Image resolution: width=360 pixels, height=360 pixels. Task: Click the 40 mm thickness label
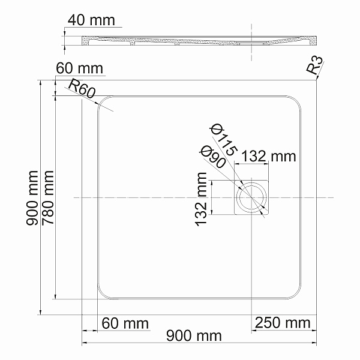92,20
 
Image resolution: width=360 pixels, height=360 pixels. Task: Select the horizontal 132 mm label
269,157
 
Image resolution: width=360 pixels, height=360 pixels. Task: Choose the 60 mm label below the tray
125,324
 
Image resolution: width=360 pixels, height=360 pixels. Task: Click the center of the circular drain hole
251,197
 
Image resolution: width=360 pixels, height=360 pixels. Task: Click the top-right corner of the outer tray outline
315,80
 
